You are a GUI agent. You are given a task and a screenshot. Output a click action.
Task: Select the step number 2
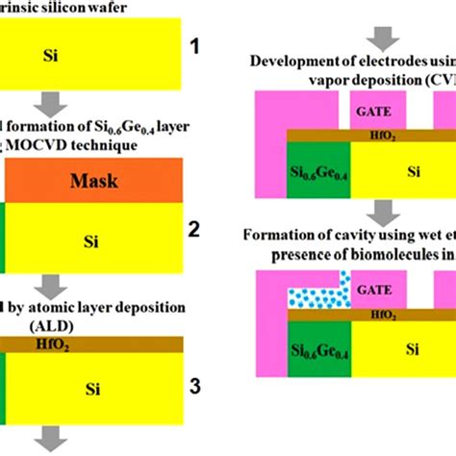(194, 230)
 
